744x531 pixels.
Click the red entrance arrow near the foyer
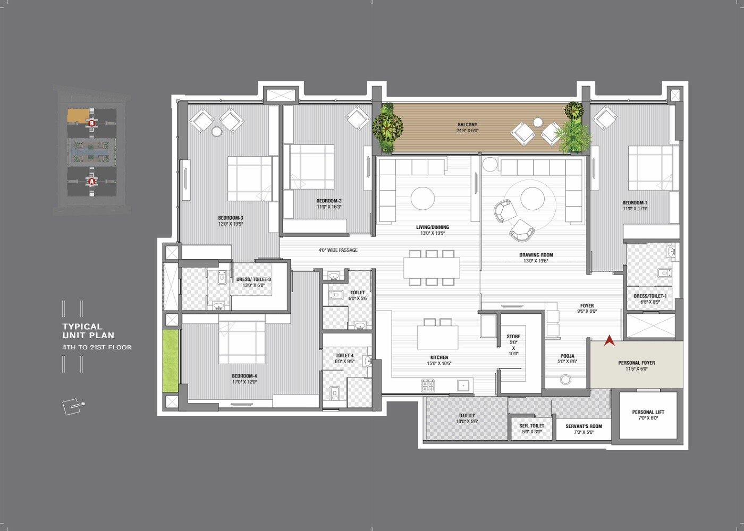(610, 340)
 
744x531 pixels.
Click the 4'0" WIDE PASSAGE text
(338, 250)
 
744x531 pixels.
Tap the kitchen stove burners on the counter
(428, 384)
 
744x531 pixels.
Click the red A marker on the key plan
(92, 181)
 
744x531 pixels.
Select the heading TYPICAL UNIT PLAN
(88, 331)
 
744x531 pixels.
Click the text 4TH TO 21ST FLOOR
(97, 347)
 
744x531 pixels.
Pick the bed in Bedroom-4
(242, 339)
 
